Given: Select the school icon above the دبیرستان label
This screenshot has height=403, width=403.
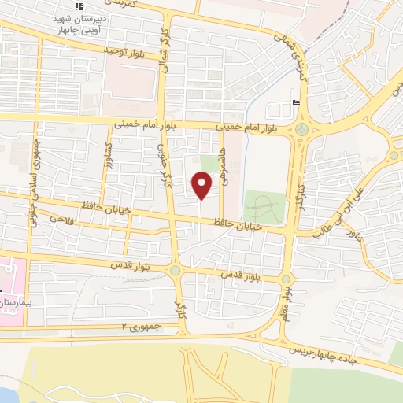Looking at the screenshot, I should tap(79, 6).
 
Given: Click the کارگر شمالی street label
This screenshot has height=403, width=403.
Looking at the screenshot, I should tap(165, 51).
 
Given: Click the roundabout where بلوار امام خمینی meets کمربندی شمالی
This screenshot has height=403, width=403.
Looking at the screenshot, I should tap(302, 129).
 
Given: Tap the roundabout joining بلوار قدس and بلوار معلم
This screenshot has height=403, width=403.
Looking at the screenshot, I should tap(286, 279).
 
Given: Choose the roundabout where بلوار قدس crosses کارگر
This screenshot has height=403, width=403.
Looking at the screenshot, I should tap(175, 271).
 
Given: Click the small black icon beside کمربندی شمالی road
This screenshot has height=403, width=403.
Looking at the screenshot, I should tap(295, 102).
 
